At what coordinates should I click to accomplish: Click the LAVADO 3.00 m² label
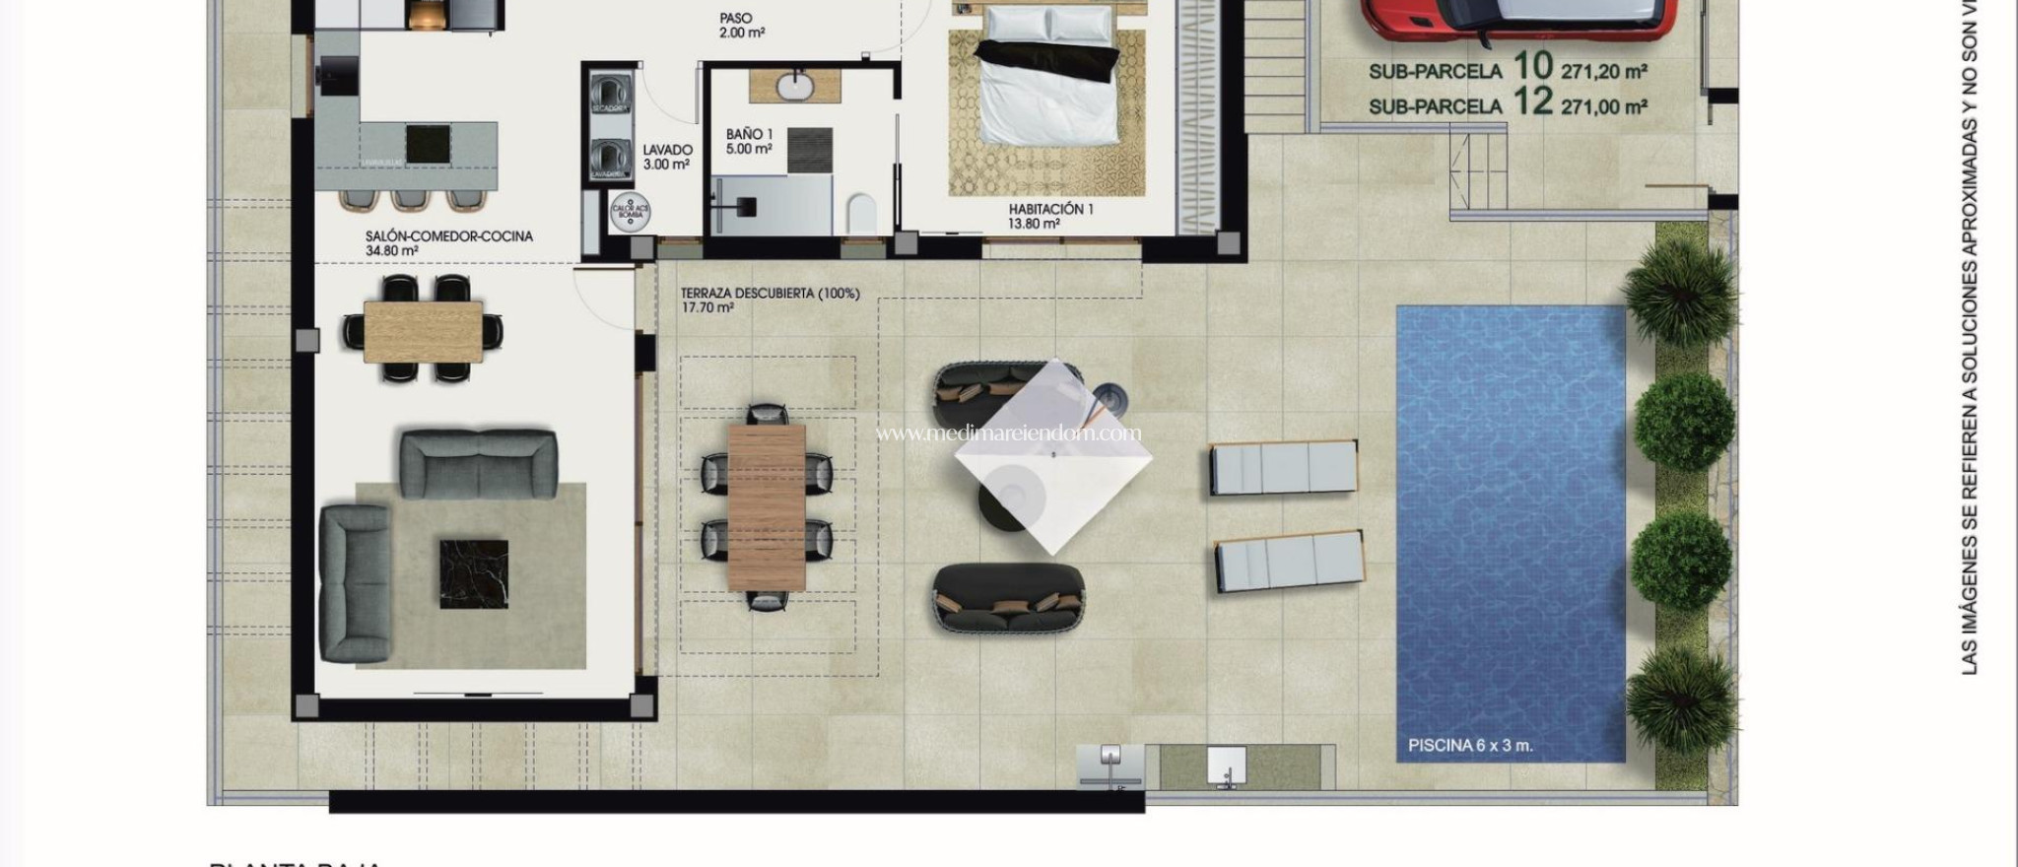667,157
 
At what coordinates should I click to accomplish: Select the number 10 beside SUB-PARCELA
1532,67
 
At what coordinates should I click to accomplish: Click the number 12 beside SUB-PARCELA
1532,101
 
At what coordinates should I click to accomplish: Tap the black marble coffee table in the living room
474,573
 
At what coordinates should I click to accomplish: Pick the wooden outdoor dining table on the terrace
767,506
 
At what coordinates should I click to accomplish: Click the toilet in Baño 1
861,214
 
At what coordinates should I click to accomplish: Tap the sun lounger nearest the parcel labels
1283,467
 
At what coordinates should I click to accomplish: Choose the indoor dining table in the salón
423,331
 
